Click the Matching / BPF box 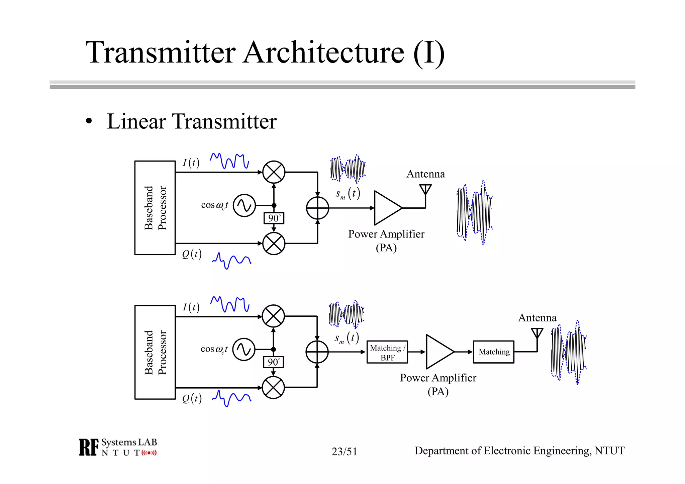point(387,352)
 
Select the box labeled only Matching point(493,352)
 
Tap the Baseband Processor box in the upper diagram point(155,208)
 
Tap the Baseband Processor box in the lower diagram point(155,352)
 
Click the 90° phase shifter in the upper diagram point(274,218)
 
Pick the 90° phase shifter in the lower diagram point(273,362)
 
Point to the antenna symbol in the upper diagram point(425,190)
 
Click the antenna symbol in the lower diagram point(537,333)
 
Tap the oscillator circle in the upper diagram point(244,205)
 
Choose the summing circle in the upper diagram point(317,208)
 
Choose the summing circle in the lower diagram point(317,352)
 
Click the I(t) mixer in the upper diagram point(274,172)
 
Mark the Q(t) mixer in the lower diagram point(273,387)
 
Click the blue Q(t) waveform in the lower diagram point(231,397)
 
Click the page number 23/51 point(344,452)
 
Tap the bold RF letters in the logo point(89,447)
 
